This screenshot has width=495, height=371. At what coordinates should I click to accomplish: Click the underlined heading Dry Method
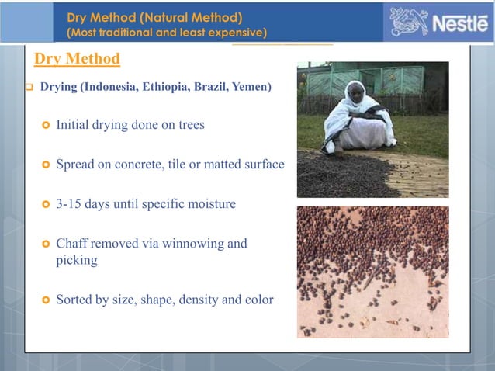(x=77, y=59)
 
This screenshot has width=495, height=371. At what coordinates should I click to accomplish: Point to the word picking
(x=77, y=261)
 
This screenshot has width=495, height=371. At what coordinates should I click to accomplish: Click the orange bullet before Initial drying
(x=44, y=125)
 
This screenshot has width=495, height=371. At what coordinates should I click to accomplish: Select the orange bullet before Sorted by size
(x=44, y=300)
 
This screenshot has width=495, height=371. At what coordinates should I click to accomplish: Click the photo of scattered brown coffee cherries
(x=372, y=272)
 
